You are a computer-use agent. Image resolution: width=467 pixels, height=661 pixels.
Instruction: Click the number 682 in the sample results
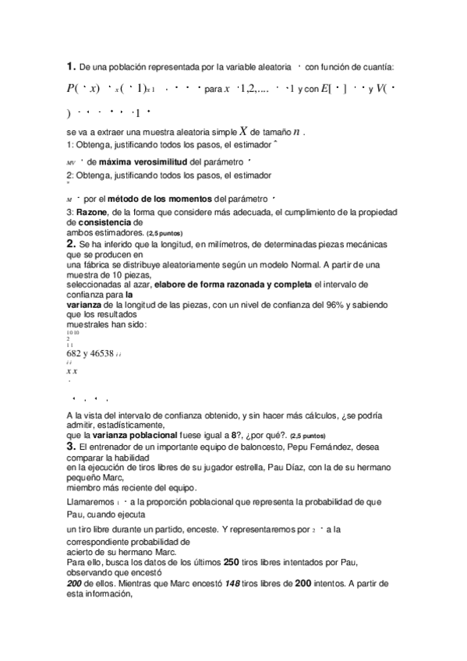[x=76, y=352]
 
